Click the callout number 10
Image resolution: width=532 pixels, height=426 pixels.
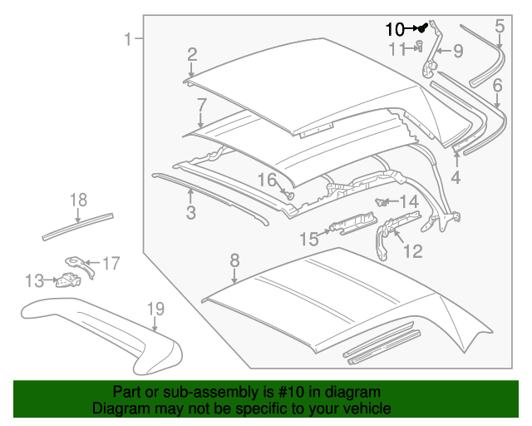pos(395,28)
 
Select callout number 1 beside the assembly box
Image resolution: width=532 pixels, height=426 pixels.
pos(128,39)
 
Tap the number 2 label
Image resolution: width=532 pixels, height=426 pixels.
pos(192,56)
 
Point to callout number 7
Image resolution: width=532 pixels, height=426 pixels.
pos(201,105)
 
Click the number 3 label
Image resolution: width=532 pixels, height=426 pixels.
pos(190,214)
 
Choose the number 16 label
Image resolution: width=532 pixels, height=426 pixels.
pos(266,181)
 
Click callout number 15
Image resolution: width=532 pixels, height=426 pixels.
pos(308,240)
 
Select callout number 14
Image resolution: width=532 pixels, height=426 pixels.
pos(409,202)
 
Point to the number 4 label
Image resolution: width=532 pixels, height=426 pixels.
pos(456,177)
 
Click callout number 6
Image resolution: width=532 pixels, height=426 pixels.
pos(497,85)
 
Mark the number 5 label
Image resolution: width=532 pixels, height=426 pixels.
pos(499,26)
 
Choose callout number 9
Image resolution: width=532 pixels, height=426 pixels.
pos(457,52)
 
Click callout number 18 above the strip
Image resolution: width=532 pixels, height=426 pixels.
pos(78,200)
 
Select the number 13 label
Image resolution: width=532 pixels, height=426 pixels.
pos(33,281)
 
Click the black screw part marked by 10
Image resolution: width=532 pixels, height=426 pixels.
pos(422,27)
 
